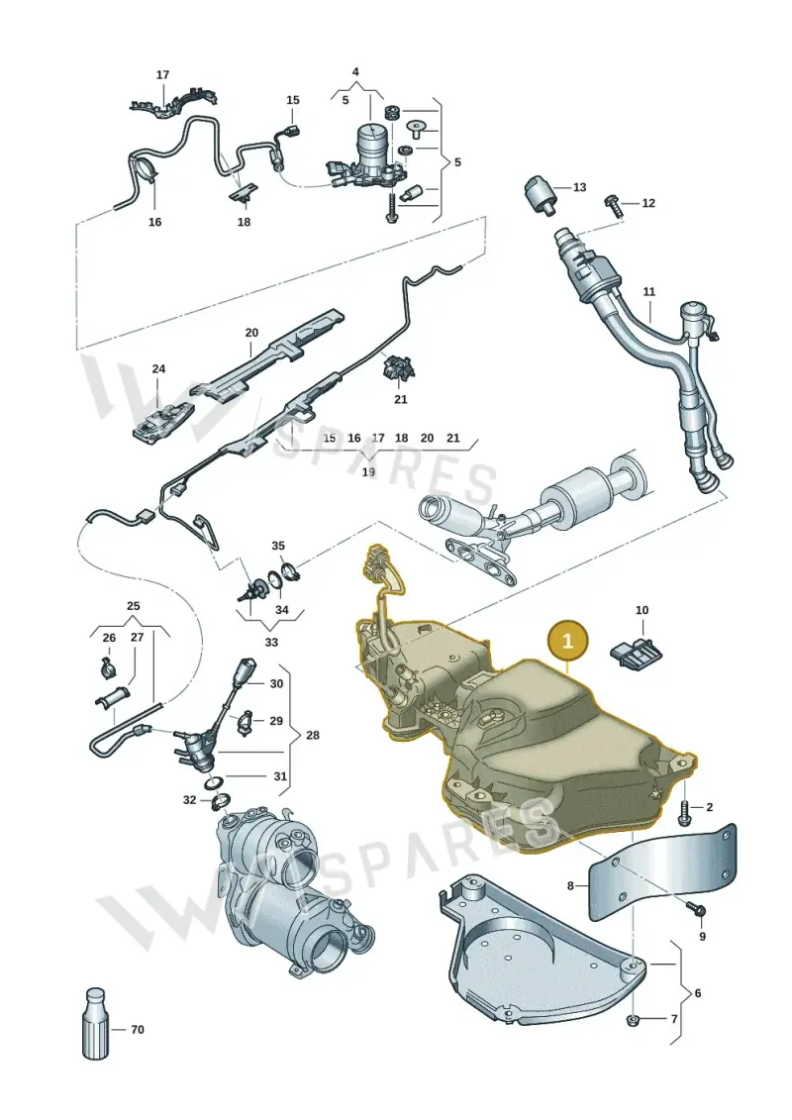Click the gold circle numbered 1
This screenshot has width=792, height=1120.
567,641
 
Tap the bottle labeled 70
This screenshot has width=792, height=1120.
95,1023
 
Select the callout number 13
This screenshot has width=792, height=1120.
579,187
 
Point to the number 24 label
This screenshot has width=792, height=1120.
158,368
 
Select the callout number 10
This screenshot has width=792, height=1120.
643,610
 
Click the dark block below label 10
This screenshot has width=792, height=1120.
636,651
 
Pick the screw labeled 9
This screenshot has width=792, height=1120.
695,908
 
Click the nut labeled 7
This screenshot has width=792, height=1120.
632,1019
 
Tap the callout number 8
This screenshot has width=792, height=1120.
570,885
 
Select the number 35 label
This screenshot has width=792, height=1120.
278,546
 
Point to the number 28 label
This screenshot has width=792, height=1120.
313,735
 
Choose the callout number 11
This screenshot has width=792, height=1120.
648,291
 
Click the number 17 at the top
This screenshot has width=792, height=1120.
162,74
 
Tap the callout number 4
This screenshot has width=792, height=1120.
355,71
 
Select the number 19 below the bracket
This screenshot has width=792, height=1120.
368,472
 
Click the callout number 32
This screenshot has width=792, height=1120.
189,800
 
